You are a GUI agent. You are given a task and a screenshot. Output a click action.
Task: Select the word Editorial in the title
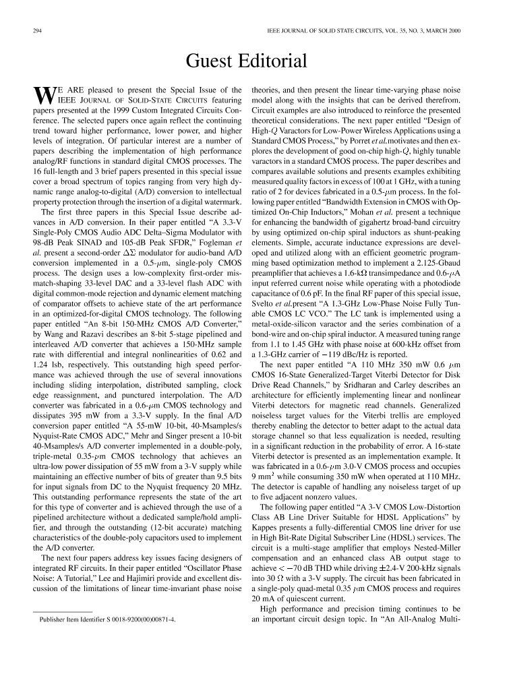(x=277, y=61)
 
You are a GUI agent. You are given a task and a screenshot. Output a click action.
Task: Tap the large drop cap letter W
(x=42, y=97)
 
